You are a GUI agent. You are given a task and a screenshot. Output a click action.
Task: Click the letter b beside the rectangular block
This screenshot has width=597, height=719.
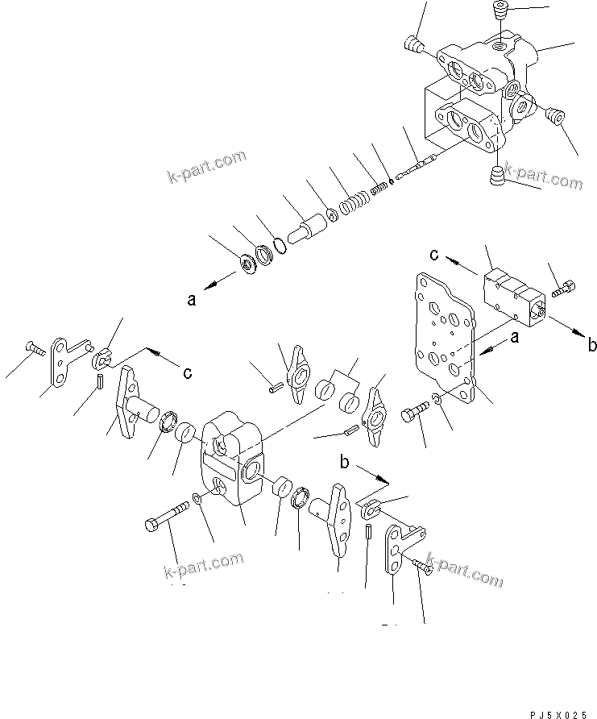592,346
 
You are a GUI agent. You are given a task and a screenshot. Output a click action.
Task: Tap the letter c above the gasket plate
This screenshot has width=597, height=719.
433,256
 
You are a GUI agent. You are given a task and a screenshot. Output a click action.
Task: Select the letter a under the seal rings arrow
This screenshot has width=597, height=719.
191,300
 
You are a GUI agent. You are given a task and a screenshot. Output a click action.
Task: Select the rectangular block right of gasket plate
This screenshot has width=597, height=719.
513,297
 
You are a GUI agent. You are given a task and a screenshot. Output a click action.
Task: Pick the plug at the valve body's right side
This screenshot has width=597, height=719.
553,117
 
